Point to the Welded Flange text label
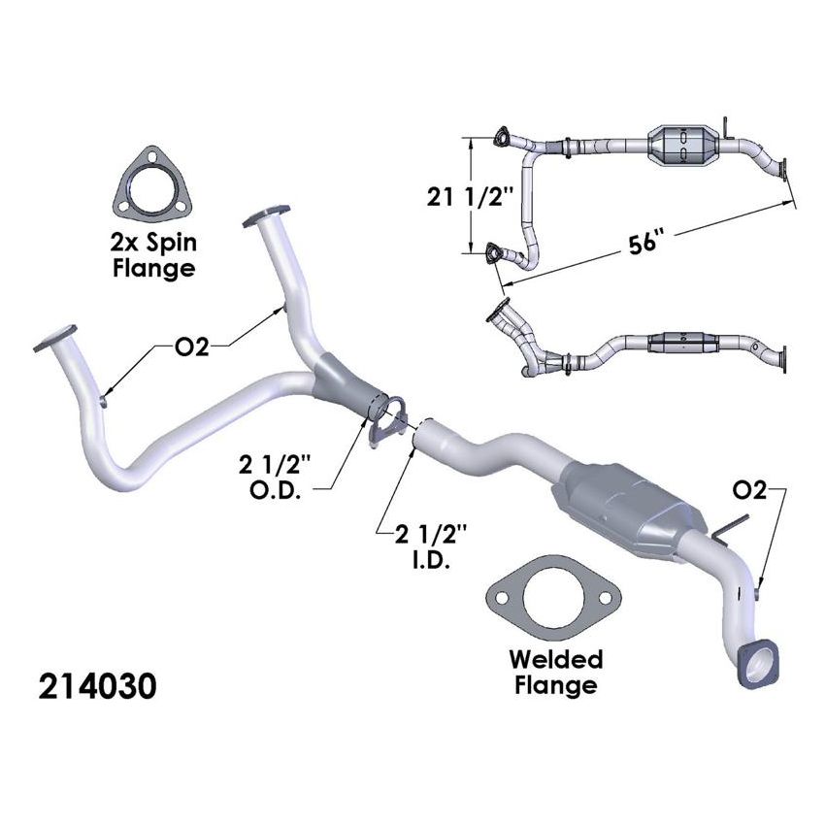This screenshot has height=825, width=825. coord(556,672)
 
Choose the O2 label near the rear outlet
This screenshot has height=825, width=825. coord(749,491)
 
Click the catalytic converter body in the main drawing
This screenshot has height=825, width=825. coord(621,510)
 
